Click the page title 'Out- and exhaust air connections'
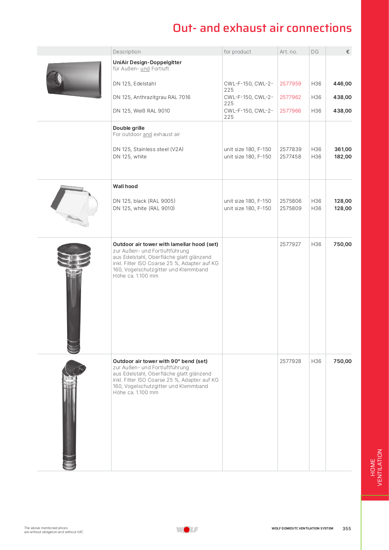(262, 28)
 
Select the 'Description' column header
(127, 52)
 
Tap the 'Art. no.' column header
(288, 52)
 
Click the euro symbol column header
(348, 52)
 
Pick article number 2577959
(290, 84)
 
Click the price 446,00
(342, 84)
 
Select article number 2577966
(290, 111)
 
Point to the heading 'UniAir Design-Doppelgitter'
(147, 62)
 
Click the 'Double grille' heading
(129, 128)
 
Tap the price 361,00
(343, 149)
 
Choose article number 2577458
(290, 157)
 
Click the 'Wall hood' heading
(125, 186)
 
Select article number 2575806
(290, 201)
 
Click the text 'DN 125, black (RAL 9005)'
(144, 201)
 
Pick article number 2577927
(290, 244)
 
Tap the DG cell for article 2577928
(316, 361)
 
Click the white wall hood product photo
(75, 205)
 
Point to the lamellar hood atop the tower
(74, 254)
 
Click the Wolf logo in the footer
(187, 529)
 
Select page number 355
(346, 529)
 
